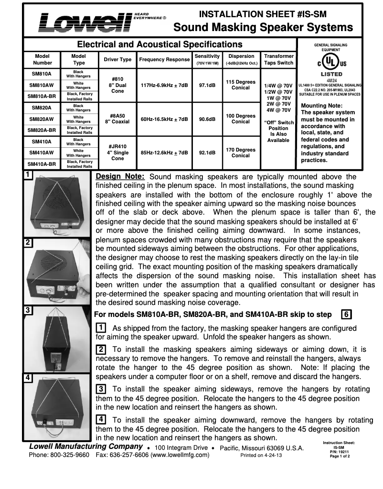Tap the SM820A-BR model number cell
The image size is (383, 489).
[42, 130]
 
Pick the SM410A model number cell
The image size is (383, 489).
[42, 141]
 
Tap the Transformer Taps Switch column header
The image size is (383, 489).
[278, 59]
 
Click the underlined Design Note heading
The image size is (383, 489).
[120, 177]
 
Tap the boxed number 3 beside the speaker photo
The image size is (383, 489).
[28, 310]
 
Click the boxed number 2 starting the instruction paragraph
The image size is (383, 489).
[101, 349]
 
